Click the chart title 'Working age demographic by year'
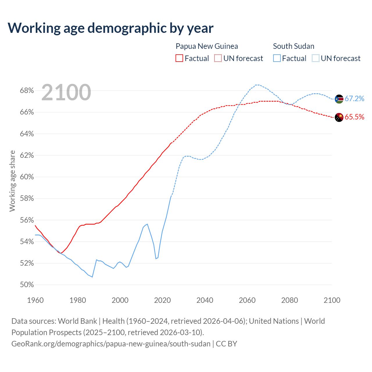tap(110, 28)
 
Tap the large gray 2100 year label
tap(66, 92)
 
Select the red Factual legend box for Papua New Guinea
tap(179, 58)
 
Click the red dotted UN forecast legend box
tap(218, 58)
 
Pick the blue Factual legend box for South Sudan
tap(277, 58)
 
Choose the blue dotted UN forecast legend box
tap(316, 58)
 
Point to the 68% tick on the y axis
tap(27, 91)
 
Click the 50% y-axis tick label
tap(27, 285)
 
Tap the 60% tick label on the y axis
tap(27, 177)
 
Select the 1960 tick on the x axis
tap(35, 300)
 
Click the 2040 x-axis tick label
tap(205, 300)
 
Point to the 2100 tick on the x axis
tap(332, 300)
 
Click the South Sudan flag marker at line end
tap(339, 99)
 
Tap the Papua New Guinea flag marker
tap(339, 117)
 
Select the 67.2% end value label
tap(354, 99)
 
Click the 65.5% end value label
tap(354, 117)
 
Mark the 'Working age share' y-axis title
tap(12, 181)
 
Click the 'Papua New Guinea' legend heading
tap(207, 46)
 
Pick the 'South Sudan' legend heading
tap(294, 46)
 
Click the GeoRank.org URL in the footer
tap(111, 344)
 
